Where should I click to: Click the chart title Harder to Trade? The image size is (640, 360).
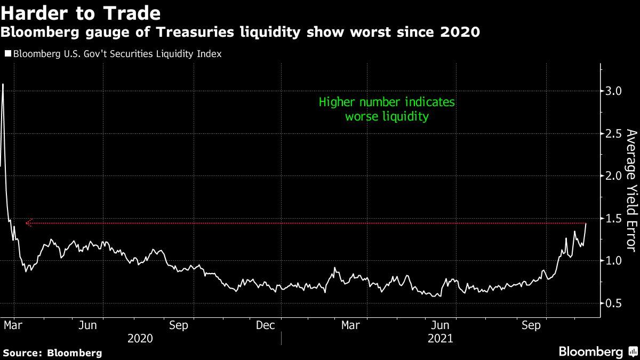coord(81,12)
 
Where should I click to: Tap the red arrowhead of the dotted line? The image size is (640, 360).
coord(28,223)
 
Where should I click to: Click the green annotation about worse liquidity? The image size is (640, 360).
coord(387,109)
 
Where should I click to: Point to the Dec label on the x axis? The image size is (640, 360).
coord(265,325)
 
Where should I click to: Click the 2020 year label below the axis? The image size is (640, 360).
coord(140,338)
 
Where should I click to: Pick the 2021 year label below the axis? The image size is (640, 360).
coord(439,338)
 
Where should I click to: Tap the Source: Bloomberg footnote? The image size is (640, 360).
coord(52,353)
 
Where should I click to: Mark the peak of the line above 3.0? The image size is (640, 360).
coord(3,84)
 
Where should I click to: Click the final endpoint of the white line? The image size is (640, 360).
coord(586,223)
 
